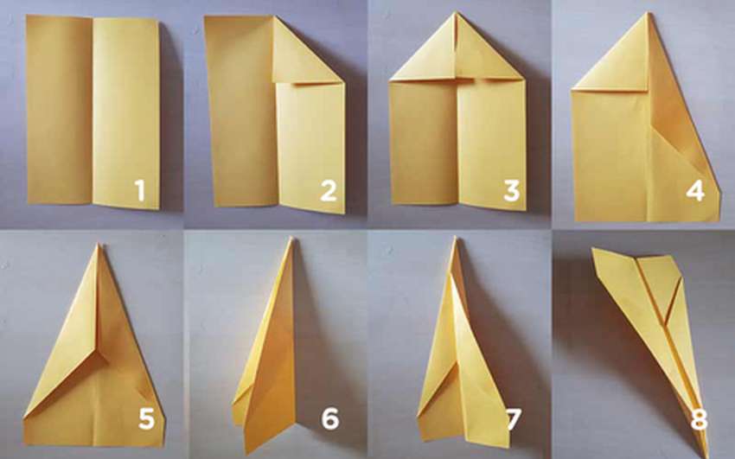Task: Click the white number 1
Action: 139,191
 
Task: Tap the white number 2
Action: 328,191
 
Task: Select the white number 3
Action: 511,191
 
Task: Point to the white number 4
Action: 695,191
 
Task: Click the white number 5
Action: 146,419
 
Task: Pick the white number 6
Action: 330,419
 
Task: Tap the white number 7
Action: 514,419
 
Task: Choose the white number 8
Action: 699,419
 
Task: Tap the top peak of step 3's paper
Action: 455,13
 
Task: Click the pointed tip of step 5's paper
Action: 99,244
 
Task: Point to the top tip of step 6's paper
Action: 291,238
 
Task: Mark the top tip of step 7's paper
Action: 454,238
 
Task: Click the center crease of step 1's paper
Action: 93,111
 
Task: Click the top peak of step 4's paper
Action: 649,13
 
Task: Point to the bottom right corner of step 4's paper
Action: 719,220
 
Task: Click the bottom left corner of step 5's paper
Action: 24,444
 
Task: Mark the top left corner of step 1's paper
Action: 27,16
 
